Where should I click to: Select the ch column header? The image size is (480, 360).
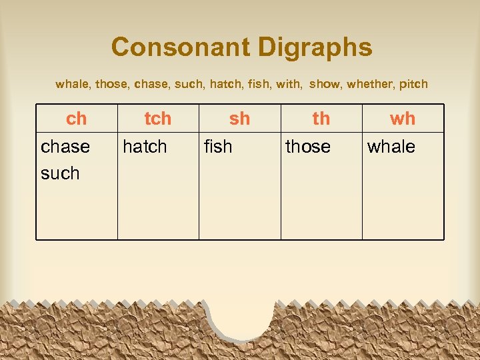[x=77, y=119]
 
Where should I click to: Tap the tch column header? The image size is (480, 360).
[x=158, y=119]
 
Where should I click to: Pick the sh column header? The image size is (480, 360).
[x=239, y=119]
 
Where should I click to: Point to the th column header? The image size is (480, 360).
[x=321, y=119]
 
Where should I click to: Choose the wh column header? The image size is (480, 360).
[x=403, y=119]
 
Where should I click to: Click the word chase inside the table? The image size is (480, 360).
[x=65, y=147]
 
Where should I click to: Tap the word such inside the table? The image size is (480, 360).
[x=60, y=173]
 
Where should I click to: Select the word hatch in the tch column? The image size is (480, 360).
[x=145, y=147]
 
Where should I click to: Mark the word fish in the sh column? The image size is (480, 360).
[x=218, y=147]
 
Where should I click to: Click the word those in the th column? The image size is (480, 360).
[x=308, y=147]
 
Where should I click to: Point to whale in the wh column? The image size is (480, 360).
[x=391, y=147]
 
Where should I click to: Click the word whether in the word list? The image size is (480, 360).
[x=369, y=85]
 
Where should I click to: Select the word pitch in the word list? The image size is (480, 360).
[x=413, y=85]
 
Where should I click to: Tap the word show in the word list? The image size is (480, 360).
[x=325, y=85]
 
